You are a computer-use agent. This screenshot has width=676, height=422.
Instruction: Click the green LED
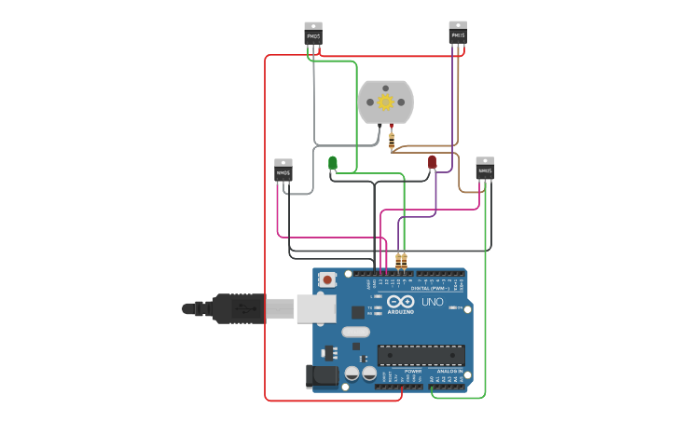pyautogui.click(x=333, y=163)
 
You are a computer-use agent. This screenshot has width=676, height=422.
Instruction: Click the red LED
pyautogui.click(x=433, y=162)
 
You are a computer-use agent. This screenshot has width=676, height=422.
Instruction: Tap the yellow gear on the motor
pyautogui.click(x=385, y=102)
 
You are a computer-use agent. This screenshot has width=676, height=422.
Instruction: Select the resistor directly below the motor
pyautogui.click(x=392, y=141)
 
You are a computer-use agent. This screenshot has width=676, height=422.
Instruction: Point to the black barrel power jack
pyautogui.click(x=320, y=375)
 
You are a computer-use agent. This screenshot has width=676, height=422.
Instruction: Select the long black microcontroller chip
pyautogui.click(x=421, y=355)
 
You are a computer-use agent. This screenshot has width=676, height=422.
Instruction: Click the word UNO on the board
pyautogui.click(x=433, y=303)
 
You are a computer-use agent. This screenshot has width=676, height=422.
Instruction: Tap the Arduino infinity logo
pyautogui.click(x=401, y=302)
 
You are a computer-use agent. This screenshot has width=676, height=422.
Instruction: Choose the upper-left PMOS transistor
pyautogui.click(x=313, y=34)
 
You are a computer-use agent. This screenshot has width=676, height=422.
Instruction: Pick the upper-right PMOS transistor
pyautogui.click(x=458, y=34)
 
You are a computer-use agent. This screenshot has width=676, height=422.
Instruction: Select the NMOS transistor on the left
pyautogui.click(x=283, y=170)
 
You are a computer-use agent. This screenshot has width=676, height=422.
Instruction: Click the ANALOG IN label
pyautogui.click(x=449, y=371)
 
